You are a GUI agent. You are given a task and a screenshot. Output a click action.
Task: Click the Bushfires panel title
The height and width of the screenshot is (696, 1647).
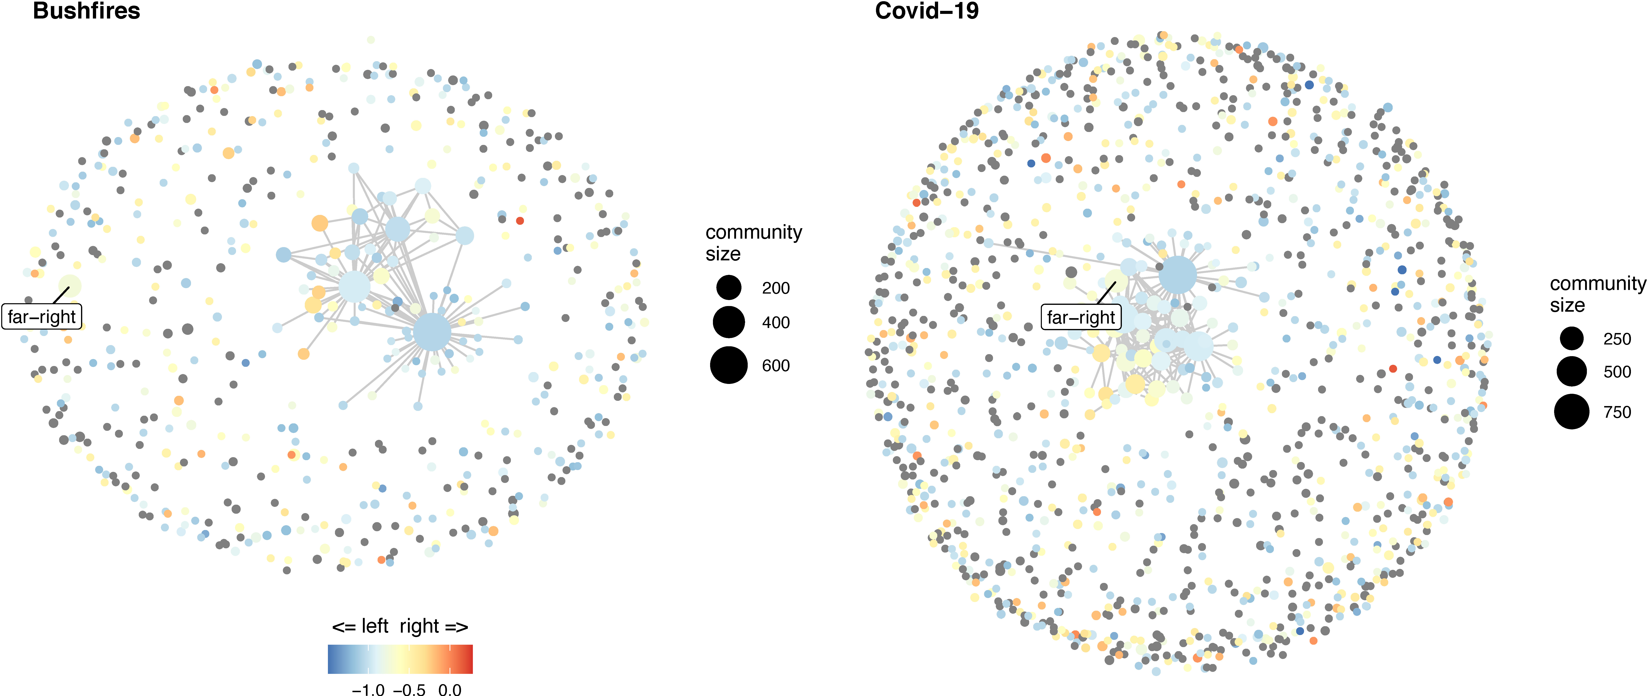point(86,11)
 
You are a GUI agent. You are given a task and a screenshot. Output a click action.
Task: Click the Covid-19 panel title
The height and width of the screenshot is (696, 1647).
point(926,11)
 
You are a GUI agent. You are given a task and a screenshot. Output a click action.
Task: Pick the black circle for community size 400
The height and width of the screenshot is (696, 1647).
point(729,322)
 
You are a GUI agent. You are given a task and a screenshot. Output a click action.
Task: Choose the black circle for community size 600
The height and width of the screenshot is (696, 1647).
point(729,365)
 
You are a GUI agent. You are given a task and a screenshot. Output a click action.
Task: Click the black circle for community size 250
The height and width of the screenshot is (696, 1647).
point(1572,338)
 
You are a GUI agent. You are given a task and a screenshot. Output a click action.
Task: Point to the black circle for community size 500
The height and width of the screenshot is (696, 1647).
point(1572,372)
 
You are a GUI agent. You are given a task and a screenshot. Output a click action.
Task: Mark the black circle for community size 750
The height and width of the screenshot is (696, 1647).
point(1572,411)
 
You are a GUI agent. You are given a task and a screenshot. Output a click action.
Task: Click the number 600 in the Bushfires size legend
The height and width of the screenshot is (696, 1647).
point(775,365)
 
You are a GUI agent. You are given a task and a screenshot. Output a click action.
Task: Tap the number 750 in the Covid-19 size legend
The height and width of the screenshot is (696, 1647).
point(1617,412)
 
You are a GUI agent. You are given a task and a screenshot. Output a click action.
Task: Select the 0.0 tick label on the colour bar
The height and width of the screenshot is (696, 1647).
point(450,689)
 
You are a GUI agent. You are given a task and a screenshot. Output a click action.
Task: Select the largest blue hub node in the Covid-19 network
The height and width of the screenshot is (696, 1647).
point(1177,275)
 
